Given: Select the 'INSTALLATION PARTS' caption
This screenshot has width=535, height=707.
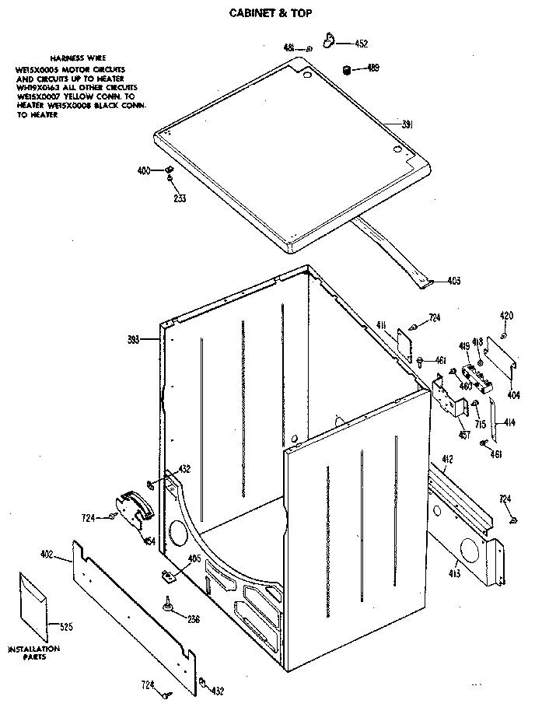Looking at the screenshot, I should coord(33,653).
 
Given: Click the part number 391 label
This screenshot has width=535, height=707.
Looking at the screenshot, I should coord(407,124).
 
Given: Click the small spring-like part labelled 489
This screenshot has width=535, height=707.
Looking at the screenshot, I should coord(346,71).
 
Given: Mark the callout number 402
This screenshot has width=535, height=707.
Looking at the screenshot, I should coord(46,554).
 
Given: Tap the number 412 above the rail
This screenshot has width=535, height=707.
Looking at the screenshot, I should coord(447,460).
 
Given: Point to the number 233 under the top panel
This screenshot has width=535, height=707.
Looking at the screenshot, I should coord(179,197).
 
